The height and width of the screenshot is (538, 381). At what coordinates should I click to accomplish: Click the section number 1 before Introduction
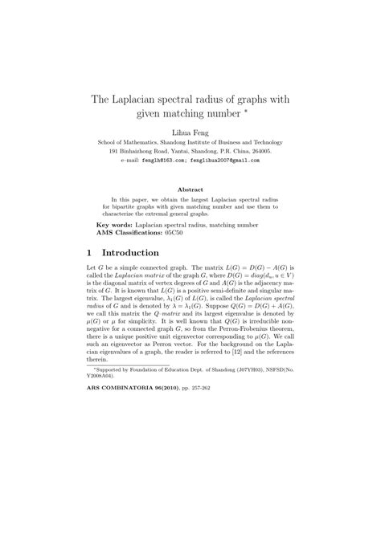(88, 252)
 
